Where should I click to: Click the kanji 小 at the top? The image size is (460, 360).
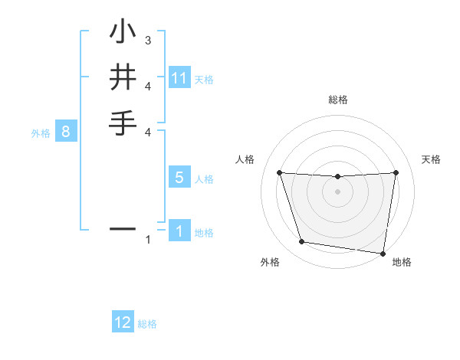click(123, 34)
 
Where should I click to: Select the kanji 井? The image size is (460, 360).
click(123, 78)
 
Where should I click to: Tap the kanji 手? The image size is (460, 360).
click(123, 123)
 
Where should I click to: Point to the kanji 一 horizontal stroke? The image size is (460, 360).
click(123, 228)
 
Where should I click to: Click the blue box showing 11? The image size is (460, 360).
click(179, 78)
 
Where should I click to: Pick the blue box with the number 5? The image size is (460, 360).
click(179, 178)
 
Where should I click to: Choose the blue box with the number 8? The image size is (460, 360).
click(66, 132)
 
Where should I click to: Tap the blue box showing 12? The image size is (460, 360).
click(123, 322)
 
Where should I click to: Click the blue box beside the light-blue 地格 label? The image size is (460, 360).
click(179, 231)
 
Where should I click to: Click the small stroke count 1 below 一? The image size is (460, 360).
click(148, 241)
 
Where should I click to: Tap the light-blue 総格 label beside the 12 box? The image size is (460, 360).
click(147, 324)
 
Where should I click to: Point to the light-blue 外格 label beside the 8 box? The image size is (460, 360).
click(41, 133)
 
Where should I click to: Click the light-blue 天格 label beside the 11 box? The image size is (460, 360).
click(204, 79)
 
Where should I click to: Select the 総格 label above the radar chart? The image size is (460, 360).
click(337, 100)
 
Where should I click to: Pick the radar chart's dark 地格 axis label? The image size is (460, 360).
click(402, 263)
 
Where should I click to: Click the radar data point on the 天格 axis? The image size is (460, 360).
click(396, 172)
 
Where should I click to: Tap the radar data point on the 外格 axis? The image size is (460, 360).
click(302, 242)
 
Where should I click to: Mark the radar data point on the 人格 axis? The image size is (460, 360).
click(279, 172)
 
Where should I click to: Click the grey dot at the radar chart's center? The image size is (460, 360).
click(337, 191)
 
